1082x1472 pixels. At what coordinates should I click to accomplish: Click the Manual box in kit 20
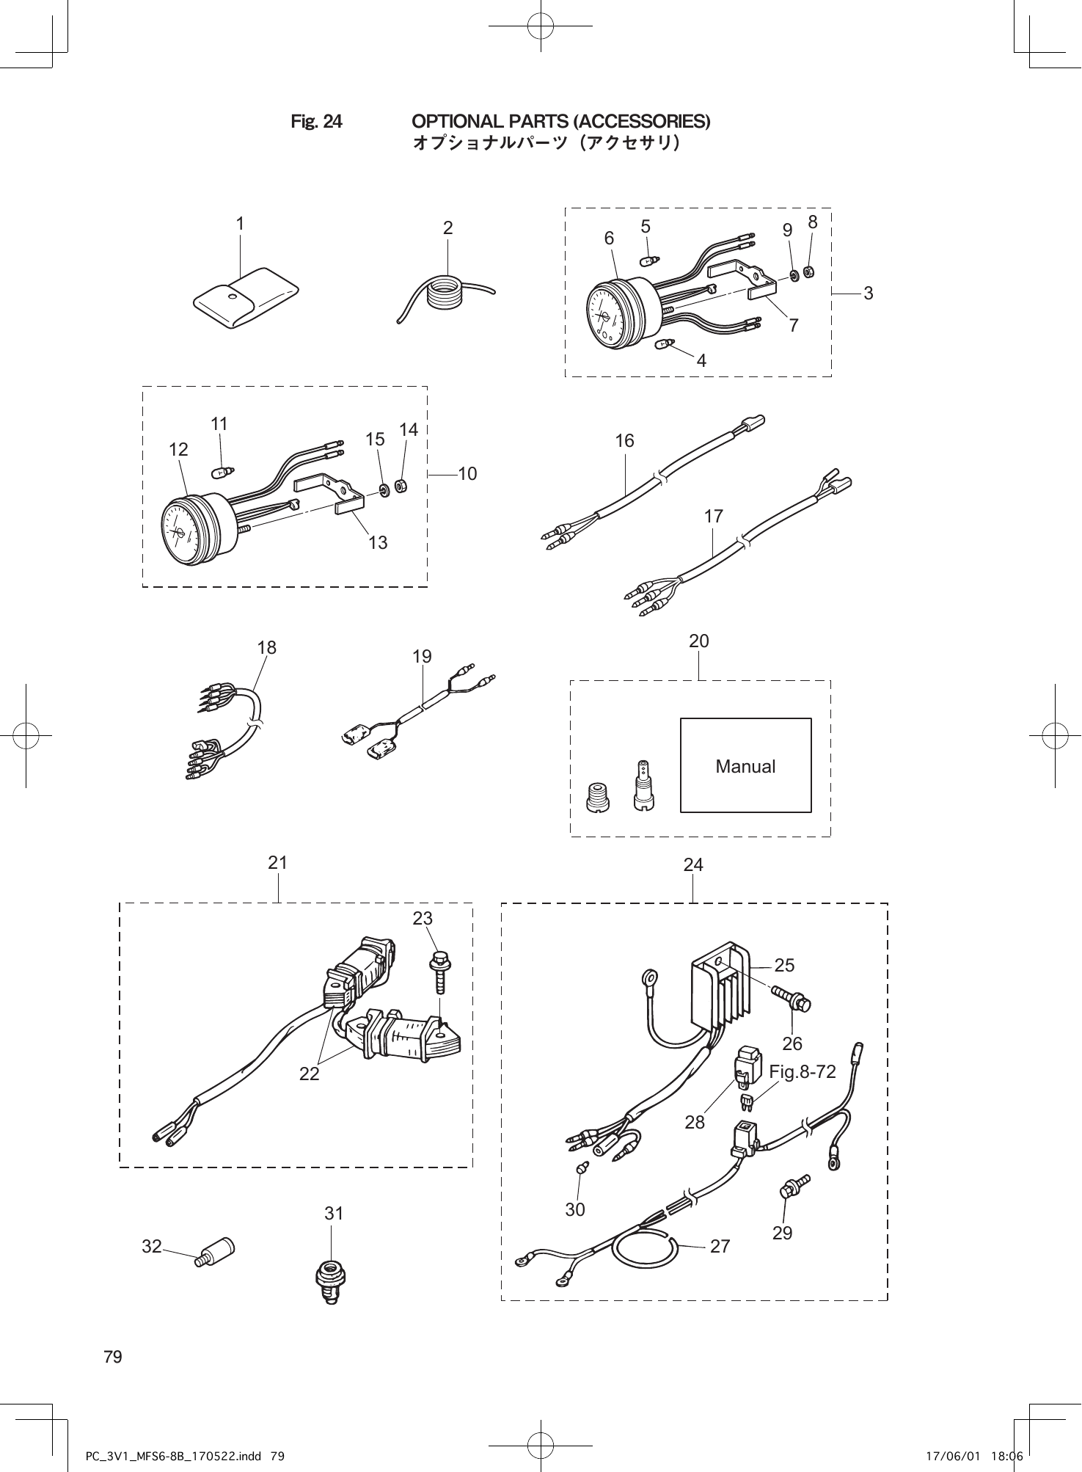[x=745, y=765]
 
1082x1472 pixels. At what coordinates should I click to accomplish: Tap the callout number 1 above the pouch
[x=240, y=222]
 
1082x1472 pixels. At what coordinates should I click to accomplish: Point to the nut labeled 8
[x=808, y=272]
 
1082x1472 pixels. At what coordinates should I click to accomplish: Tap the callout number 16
[x=625, y=440]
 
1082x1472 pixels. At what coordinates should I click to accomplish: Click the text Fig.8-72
[x=803, y=1072]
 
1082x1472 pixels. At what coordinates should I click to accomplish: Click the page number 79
[x=113, y=1356]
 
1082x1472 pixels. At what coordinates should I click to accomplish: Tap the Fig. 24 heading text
[x=316, y=121]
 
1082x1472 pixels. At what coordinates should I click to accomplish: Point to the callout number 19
[x=422, y=656]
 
